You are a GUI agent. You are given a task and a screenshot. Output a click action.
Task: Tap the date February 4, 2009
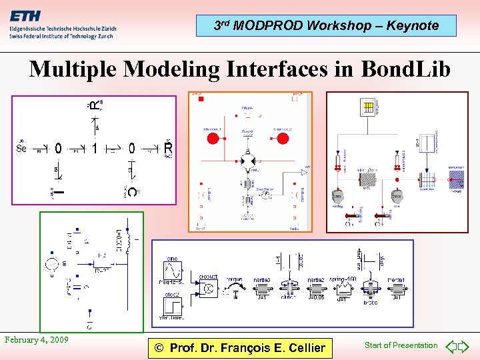pos(37,340)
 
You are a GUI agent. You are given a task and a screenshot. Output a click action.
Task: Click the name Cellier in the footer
pos(299,347)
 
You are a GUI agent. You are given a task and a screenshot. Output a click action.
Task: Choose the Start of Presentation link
pos(401,345)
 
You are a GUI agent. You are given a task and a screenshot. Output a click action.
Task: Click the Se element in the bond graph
pos(21,149)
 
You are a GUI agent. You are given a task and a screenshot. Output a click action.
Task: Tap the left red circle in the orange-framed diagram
pos(213,139)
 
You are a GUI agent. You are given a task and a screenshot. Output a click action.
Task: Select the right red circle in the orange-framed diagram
pos(282,139)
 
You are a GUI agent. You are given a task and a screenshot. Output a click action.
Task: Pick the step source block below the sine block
pos(172,307)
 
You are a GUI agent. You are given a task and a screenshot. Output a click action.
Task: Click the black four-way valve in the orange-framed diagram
pos(247,162)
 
